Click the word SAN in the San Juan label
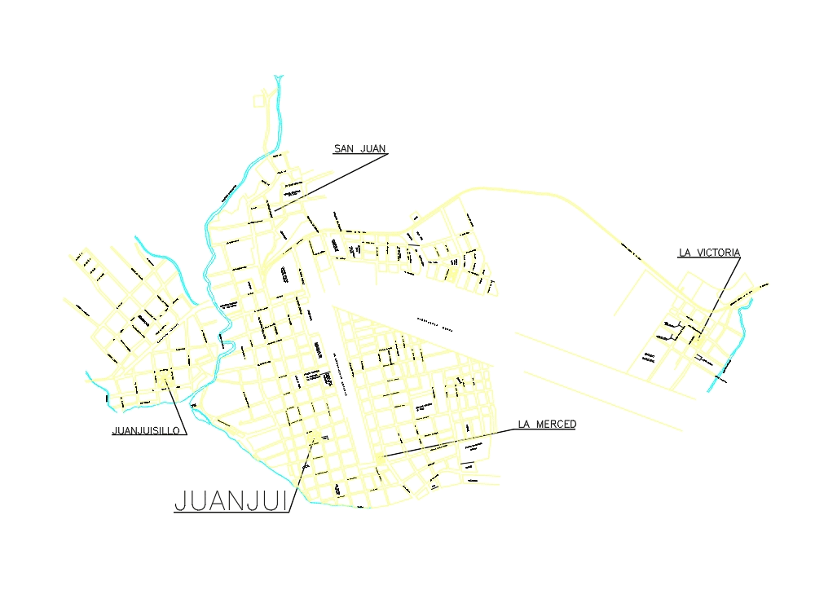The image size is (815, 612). pos(344,149)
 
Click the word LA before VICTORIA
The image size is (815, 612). pos(685,253)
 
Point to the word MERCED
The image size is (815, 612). pos(557,425)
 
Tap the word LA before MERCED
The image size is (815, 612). pos(524,425)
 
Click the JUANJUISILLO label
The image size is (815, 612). pos(145,431)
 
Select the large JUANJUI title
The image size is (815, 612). pos(231,500)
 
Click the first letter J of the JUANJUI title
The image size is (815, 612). pos(181,500)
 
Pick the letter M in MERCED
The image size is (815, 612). pos(540,425)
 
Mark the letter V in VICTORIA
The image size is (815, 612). pos(701,253)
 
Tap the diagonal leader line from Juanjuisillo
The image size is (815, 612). pos(176,404)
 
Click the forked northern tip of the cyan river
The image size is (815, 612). pos(279,78)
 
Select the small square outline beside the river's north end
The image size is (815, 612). pos(259,101)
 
